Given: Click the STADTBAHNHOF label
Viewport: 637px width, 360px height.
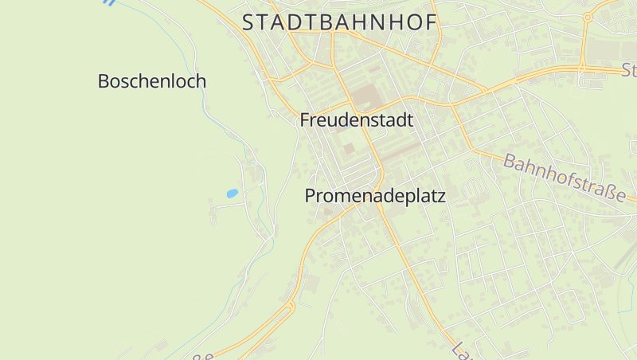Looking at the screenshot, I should [x=340, y=23].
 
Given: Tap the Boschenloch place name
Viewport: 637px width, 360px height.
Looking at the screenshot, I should [x=151, y=81].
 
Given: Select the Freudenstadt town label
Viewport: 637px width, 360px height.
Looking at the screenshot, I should [x=357, y=121].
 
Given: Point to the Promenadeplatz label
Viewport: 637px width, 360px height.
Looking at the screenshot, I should [x=374, y=196].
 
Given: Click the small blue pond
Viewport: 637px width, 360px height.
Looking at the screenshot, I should [x=232, y=193].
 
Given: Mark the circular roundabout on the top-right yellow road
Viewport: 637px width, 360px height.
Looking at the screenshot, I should [x=588, y=17].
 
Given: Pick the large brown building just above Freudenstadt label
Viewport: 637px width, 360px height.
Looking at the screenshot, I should [x=367, y=97].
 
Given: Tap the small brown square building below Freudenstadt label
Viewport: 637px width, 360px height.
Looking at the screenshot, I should [x=349, y=148].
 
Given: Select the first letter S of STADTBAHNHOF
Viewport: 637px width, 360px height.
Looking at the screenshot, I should [x=248, y=23].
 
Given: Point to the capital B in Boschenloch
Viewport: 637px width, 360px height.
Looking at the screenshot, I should [x=104, y=81].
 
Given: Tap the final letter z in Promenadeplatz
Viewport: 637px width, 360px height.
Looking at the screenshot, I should [x=440, y=196].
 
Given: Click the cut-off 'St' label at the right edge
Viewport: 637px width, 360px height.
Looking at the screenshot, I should [x=629, y=70].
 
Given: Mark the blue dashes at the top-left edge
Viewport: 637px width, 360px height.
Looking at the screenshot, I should [x=109, y=3].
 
